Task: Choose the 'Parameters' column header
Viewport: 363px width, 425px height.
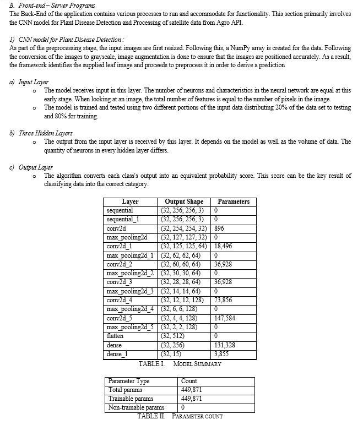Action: point(234,202)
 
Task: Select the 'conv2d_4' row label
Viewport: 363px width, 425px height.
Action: point(121,300)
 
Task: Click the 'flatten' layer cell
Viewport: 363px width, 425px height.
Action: point(115,336)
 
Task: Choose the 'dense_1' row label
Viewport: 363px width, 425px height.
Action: point(117,354)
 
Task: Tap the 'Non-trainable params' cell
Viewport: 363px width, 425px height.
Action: point(137,408)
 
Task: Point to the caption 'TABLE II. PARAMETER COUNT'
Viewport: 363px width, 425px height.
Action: point(180,416)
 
